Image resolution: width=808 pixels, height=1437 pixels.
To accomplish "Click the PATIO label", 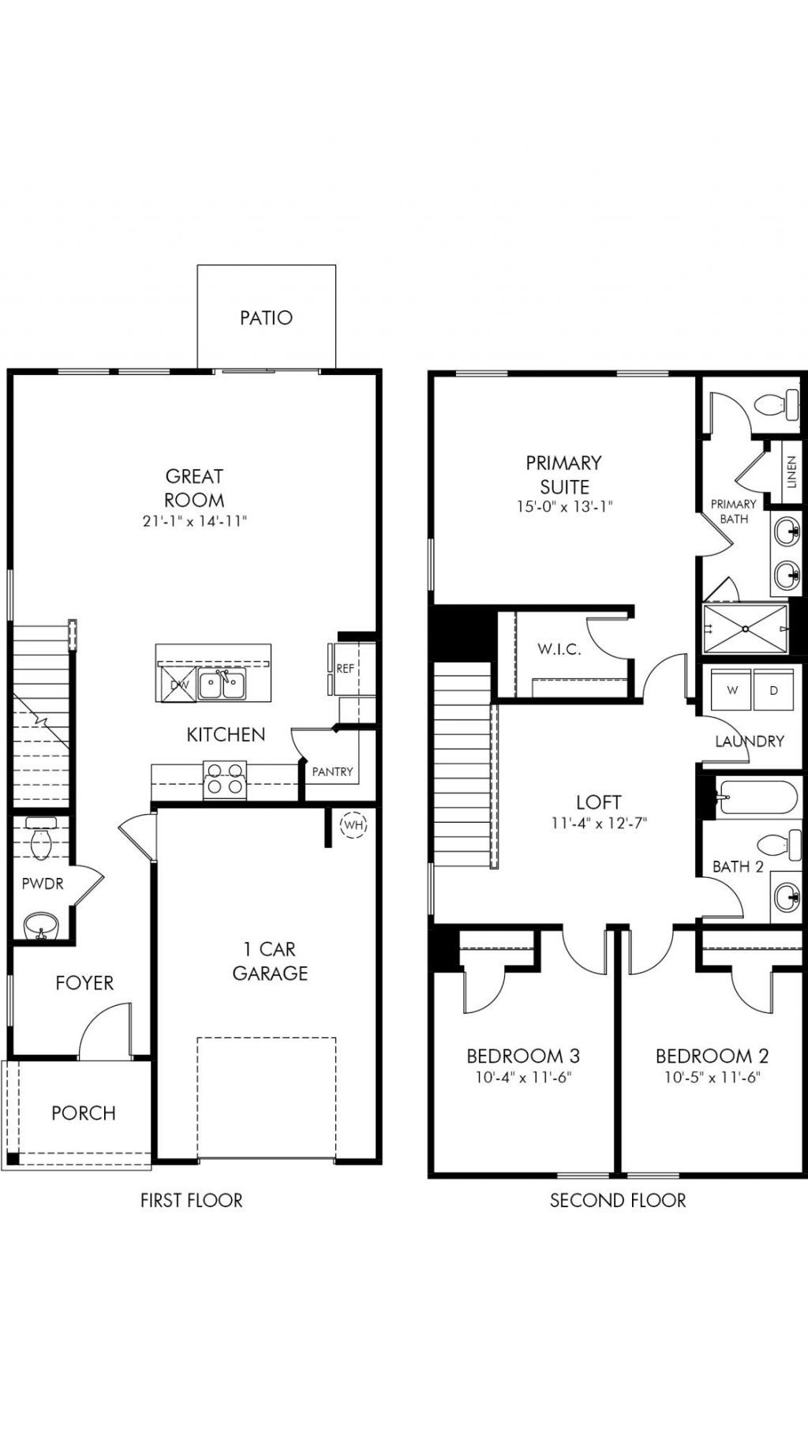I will (x=266, y=317).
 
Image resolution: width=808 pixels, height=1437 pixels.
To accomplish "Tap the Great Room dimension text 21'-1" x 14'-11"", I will (x=194, y=520).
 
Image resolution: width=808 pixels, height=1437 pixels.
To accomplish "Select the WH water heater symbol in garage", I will (x=353, y=825).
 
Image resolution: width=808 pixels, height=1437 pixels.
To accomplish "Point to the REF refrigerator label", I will (x=346, y=668).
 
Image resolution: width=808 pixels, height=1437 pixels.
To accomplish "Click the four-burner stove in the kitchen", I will (x=225, y=778).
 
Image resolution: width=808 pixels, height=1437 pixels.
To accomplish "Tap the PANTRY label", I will (x=332, y=771).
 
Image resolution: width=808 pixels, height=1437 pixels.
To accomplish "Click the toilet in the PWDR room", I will (x=40, y=839).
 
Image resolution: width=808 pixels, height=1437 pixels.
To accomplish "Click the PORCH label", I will (x=84, y=1112).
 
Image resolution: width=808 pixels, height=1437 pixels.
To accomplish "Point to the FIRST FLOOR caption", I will (x=192, y=1200).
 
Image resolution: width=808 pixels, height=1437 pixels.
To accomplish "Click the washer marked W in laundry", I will (x=732, y=690).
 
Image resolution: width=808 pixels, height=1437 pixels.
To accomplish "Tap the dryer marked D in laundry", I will (x=774, y=690).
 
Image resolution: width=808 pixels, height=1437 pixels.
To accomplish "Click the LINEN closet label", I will (x=791, y=472).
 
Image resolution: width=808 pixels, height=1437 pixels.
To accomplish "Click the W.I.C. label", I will (x=559, y=649).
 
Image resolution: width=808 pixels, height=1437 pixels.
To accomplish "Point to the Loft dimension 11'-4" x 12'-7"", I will (x=599, y=823).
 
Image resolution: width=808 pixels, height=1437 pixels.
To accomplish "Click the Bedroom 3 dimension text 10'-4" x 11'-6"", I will (x=523, y=1077).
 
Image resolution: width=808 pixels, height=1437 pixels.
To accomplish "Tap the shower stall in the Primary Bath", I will (x=745, y=628).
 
